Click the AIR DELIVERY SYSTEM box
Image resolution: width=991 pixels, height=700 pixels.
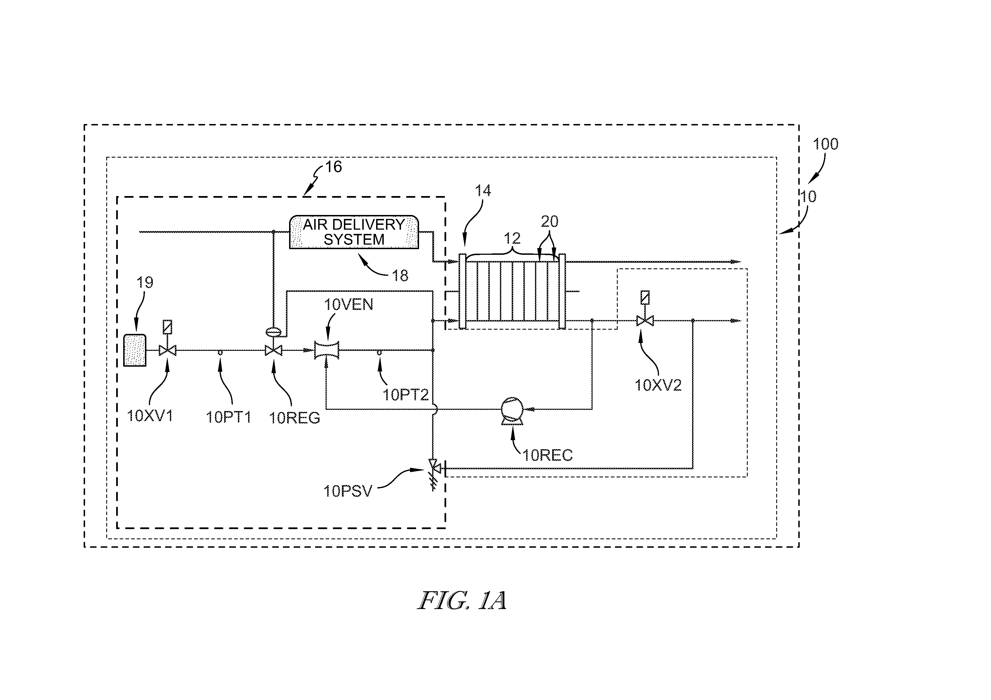tap(354, 232)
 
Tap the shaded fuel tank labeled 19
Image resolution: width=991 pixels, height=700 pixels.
tap(135, 350)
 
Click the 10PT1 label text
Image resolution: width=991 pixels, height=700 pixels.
tap(228, 417)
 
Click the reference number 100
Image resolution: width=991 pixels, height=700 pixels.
tap(826, 144)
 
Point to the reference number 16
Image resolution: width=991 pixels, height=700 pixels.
tap(333, 167)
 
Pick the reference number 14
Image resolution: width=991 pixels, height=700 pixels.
tap(483, 190)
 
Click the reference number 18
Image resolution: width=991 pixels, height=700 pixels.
tap(400, 276)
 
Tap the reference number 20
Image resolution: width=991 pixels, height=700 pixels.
tap(549, 222)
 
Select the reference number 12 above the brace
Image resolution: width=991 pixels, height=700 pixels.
tap(512, 238)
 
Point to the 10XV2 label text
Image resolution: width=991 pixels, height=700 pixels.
tap(658, 385)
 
